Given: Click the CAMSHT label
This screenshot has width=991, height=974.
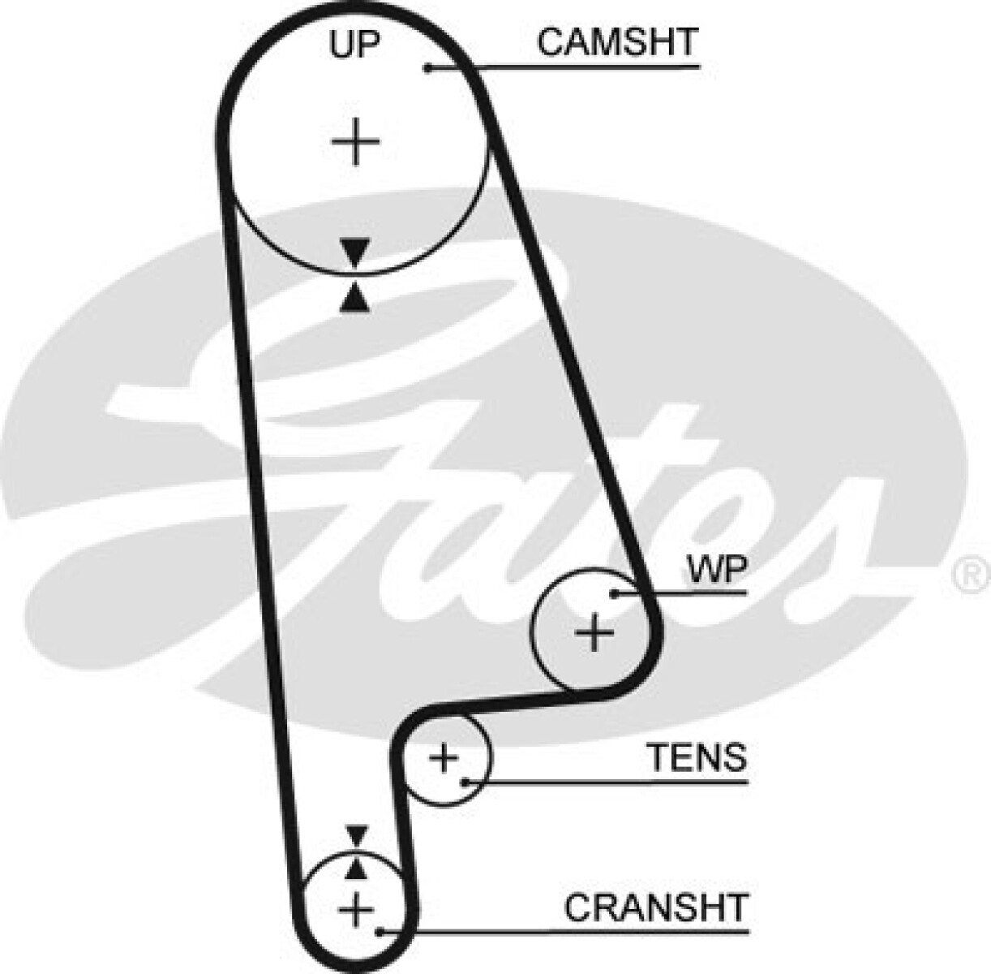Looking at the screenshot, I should tap(616, 42).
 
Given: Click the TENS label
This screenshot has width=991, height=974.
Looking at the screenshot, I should tap(696, 757).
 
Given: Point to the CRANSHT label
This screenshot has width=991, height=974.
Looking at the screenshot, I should tap(655, 907).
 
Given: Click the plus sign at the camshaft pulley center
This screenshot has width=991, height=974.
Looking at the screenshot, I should tap(355, 142).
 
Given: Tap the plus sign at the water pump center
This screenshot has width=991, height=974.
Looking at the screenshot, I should tap(594, 631).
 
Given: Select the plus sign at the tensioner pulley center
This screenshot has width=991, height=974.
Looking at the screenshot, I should tap(444, 758).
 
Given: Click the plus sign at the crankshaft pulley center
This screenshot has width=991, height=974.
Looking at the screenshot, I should tap(354, 908).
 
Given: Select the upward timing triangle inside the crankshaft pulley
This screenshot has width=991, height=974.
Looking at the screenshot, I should tap(354, 869).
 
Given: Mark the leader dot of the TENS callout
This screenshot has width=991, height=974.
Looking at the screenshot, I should tap(465, 782).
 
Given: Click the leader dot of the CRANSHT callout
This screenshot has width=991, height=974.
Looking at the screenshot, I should tap(379, 931).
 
